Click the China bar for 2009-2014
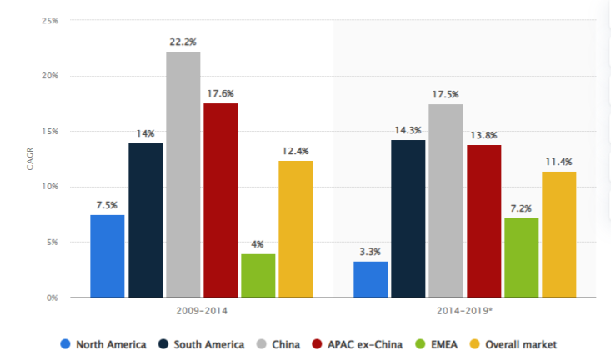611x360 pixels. (183, 174)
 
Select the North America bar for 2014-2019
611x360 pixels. (370, 279)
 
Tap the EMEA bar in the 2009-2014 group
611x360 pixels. (258, 276)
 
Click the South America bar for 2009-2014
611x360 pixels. (145, 220)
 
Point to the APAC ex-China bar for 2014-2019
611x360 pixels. (483, 221)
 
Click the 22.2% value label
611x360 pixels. (183, 42)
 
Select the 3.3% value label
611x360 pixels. (370, 251)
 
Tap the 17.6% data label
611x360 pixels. (220, 92)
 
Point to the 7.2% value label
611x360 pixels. (520, 207)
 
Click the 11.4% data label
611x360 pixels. (558, 161)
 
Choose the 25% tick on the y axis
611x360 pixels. (50, 21)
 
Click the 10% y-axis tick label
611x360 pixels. (50, 187)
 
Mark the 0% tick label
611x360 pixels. (53, 297)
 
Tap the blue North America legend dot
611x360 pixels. (64, 344)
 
